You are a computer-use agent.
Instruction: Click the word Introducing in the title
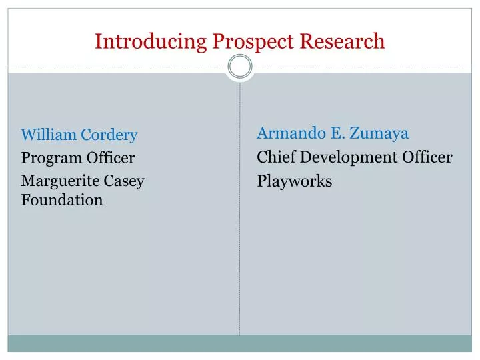(x=151, y=41)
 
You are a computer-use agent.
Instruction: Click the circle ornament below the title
(x=240, y=66)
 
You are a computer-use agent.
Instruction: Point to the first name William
(x=49, y=135)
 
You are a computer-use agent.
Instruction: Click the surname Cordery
(x=109, y=135)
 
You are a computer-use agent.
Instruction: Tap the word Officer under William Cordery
(x=111, y=158)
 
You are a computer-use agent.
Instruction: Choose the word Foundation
(x=62, y=199)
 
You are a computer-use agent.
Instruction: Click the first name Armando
(x=289, y=133)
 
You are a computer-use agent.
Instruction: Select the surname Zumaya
(x=378, y=133)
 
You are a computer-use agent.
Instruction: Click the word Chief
(x=276, y=157)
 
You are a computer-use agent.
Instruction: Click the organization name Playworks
(x=295, y=181)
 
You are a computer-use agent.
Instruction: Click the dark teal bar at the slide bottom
(x=240, y=343)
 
